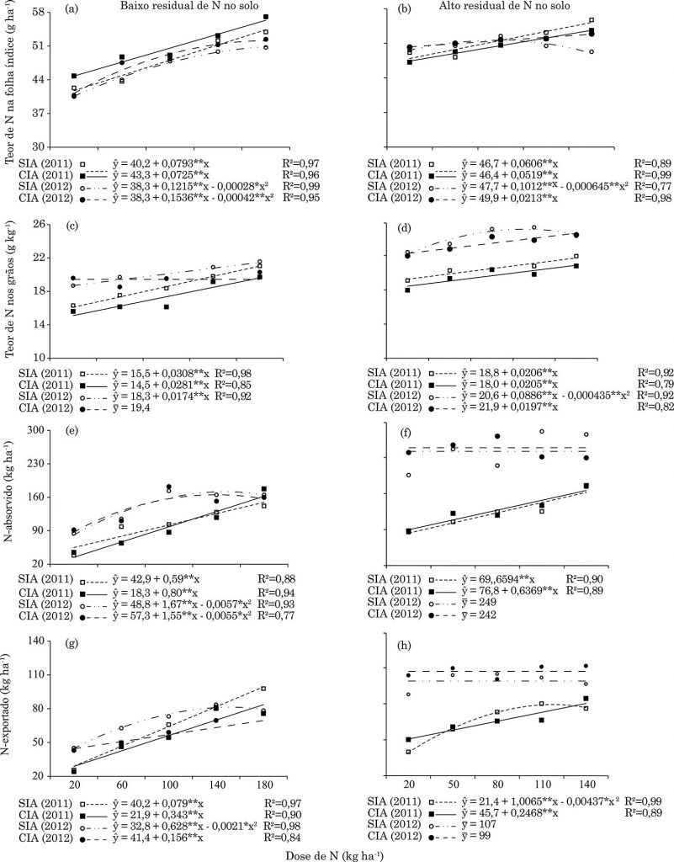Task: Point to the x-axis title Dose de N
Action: pos(337,852)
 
